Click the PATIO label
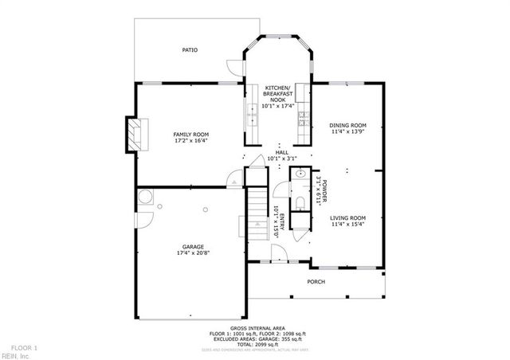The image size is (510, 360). [190, 50]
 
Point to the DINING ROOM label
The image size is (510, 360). [347, 125]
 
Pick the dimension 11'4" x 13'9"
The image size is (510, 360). [347, 132]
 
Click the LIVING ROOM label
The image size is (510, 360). [347, 217]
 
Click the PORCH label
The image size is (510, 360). [317, 281]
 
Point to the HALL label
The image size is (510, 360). [281, 152]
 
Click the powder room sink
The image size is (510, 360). [300, 174]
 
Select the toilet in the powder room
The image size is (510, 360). [300, 204]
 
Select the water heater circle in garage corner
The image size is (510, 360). [144, 199]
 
